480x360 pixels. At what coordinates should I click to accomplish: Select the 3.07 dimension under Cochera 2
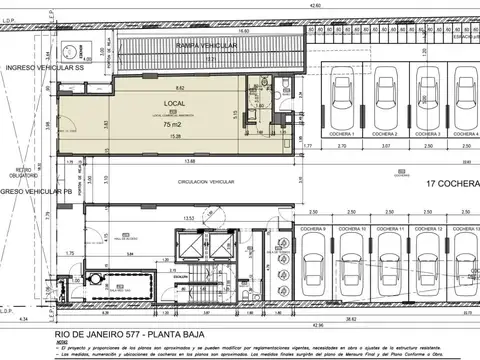[x=385, y=146]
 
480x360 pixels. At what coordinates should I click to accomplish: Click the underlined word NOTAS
[x=62, y=339]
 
